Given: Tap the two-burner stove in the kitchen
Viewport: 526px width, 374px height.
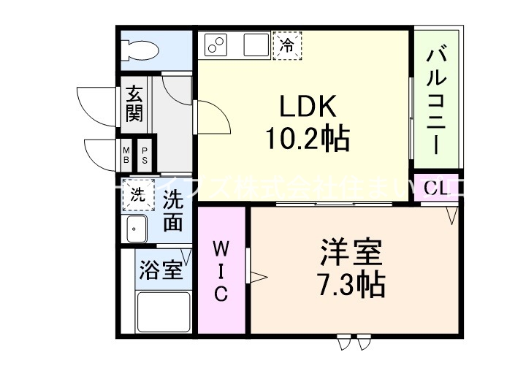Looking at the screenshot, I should pyautogui.click(x=216, y=46).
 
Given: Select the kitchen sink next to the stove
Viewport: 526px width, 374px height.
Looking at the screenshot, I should pyautogui.click(x=255, y=46).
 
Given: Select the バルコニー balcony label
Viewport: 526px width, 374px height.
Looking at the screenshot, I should pyautogui.click(x=437, y=100).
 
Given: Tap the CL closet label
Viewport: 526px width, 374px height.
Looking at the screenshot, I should pyautogui.click(x=436, y=188).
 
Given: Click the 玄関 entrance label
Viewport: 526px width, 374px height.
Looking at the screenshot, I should pyautogui.click(x=134, y=104).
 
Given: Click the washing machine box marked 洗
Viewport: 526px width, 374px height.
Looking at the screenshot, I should pyautogui.click(x=137, y=195).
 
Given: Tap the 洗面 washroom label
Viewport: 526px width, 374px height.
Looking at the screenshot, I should pyautogui.click(x=172, y=210).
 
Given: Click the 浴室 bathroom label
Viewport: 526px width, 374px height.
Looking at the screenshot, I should pyautogui.click(x=159, y=270).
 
